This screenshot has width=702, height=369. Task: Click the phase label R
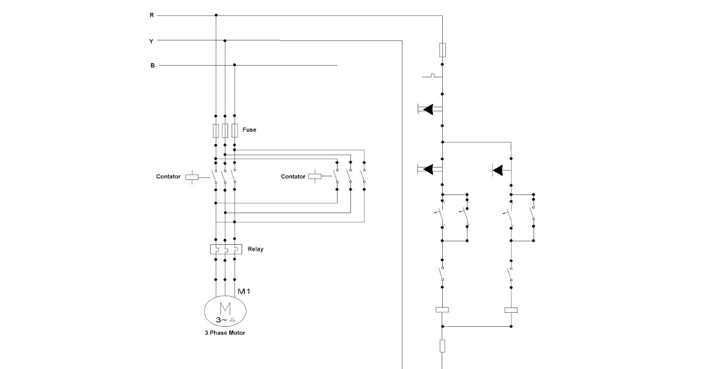coord(152,15)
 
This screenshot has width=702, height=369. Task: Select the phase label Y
coord(152,41)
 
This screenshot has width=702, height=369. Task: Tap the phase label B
coord(152,66)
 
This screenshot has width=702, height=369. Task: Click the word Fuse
coord(249,129)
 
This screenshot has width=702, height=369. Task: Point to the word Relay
coord(256,249)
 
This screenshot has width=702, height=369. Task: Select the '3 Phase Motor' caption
coord(221,333)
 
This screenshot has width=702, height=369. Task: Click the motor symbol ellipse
coord(225,311)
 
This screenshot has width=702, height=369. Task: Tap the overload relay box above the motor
coord(225,249)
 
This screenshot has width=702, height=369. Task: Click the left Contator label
coord(168,176)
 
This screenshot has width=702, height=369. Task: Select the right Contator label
coord(293,176)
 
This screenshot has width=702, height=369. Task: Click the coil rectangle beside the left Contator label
coord(192,176)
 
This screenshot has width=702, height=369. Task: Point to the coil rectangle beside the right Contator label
coord(315,176)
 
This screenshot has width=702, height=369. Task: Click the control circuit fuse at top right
coord(443,49)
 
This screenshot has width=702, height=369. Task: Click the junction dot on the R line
coord(216,15)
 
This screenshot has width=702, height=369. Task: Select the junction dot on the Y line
coord(225,40)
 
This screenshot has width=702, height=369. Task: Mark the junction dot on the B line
coord(235,65)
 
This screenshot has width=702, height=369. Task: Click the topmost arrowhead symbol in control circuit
coord(429,109)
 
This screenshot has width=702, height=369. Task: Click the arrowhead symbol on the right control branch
coord(498,170)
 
